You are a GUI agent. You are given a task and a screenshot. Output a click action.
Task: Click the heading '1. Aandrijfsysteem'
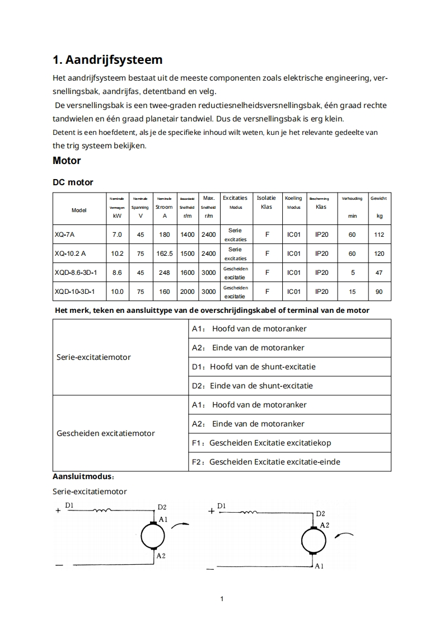[x=108, y=59]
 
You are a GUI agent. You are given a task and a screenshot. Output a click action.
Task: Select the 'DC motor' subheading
[x=73, y=182]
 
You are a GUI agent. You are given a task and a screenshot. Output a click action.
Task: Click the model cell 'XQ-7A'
[x=64, y=235]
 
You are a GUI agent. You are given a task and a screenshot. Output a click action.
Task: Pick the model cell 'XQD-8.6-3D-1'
[x=76, y=273]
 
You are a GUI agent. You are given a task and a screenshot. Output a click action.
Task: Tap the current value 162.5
[x=165, y=254]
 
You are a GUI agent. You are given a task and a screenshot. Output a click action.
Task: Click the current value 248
[x=165, y=273]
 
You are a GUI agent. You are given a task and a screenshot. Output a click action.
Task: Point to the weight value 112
[x=379, y=235]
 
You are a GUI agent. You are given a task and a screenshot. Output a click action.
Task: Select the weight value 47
[x=379, y=273]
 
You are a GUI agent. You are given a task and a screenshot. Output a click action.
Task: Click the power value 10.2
[x=117, y=254]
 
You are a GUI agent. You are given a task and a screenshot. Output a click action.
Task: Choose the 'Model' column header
[x=79, y=210]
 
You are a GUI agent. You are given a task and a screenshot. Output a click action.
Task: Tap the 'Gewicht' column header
[x=378, y=198]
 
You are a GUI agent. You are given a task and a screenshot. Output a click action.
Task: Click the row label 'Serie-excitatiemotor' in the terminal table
[x=94, y=357]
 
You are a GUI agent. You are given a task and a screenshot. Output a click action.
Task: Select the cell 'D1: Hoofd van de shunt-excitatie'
[x=254, y=367]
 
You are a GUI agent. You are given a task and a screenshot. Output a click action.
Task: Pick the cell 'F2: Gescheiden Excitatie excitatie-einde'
[x=266, y=462]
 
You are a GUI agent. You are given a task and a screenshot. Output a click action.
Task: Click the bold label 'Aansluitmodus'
[x=83, y=477]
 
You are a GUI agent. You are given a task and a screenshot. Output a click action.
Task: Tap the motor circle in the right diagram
[x=313, y=541]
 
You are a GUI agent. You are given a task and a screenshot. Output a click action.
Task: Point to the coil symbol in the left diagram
[x=102, y=510]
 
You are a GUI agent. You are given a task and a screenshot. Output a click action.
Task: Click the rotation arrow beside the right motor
[x=344, y=536]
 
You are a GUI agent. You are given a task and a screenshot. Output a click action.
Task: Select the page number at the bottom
[x=222, y=599]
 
